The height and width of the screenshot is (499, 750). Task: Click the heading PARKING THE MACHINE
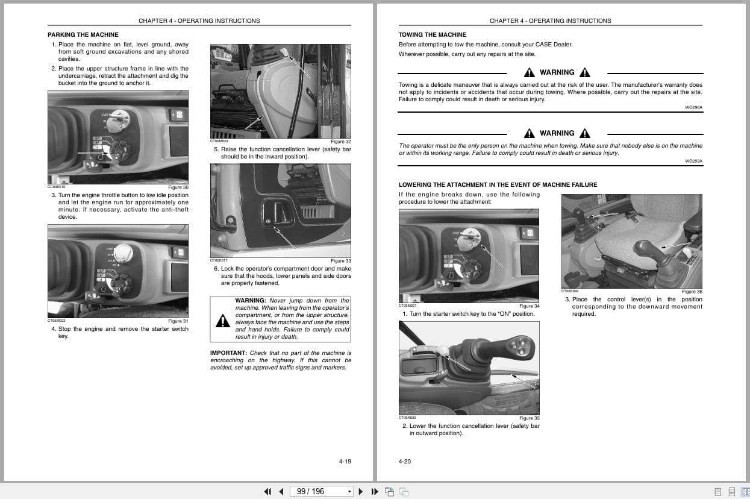click(83, 35)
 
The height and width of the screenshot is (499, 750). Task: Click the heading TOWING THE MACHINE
click(432, 35)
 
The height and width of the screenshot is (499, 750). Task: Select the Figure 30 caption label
click(178, 187)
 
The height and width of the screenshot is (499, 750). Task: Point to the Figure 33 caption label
click(340, 261)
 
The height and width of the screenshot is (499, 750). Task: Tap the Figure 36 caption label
click(692, 292)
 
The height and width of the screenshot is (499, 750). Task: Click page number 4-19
click(345, 462)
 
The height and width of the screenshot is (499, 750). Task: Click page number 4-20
click(405, 462)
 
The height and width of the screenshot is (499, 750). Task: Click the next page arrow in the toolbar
click(360, 491)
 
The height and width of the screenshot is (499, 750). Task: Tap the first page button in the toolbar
click(267, 491)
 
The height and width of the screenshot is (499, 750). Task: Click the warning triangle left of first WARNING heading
click(529, 73)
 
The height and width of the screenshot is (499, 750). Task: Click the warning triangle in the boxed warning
click(222, 321)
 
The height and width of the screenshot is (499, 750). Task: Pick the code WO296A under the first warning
click(693, 107)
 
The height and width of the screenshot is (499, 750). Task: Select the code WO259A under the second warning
click(693, 161)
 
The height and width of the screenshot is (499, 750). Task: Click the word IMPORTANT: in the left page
click(228, 353)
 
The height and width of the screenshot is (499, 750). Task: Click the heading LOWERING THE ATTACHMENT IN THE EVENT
click(498, 185)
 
